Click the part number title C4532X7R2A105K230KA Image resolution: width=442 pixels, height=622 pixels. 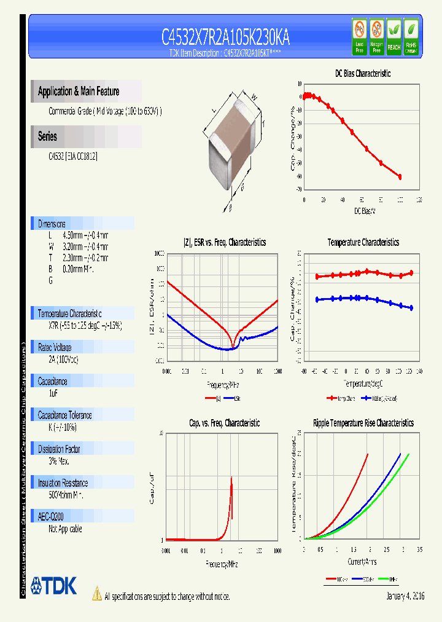225,38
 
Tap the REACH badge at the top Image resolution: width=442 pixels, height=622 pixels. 394,37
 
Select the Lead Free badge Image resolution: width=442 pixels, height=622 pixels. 360,37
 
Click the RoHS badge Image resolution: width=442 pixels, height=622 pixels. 411,37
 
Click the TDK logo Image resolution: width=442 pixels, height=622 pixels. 54,586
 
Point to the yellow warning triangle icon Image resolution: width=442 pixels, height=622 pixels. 96,594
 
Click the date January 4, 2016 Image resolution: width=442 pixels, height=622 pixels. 405,596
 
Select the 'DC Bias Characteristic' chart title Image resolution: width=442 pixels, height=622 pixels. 362,74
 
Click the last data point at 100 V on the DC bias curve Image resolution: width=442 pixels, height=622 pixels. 400,177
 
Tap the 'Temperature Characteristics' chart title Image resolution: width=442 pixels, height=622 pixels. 363,243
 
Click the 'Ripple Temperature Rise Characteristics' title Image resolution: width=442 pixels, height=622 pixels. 363,423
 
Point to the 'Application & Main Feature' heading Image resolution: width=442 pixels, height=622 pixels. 79,92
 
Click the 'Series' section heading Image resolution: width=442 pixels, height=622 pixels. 47,136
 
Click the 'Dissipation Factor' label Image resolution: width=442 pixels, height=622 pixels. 60,449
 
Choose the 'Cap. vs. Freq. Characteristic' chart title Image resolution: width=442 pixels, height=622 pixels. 224,423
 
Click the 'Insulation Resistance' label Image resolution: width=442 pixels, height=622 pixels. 63,483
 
